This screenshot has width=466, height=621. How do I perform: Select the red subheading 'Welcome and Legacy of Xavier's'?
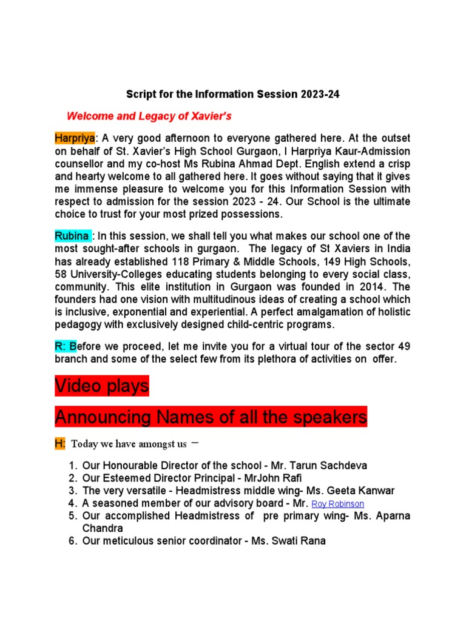point(149,116)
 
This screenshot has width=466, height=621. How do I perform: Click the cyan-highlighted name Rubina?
point(73,236)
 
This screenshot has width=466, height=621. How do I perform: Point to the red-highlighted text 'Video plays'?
point(101,386)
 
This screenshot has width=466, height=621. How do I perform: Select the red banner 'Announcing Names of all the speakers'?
point(211,417)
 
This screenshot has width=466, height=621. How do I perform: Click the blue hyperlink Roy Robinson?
point(338,504)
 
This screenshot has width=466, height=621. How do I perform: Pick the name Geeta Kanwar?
point(356,491)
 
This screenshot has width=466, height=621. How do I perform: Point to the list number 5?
point(72,516)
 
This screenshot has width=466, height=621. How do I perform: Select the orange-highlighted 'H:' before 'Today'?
point(60,444)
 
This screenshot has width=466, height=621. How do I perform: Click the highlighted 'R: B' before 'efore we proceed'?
point(66,346)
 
